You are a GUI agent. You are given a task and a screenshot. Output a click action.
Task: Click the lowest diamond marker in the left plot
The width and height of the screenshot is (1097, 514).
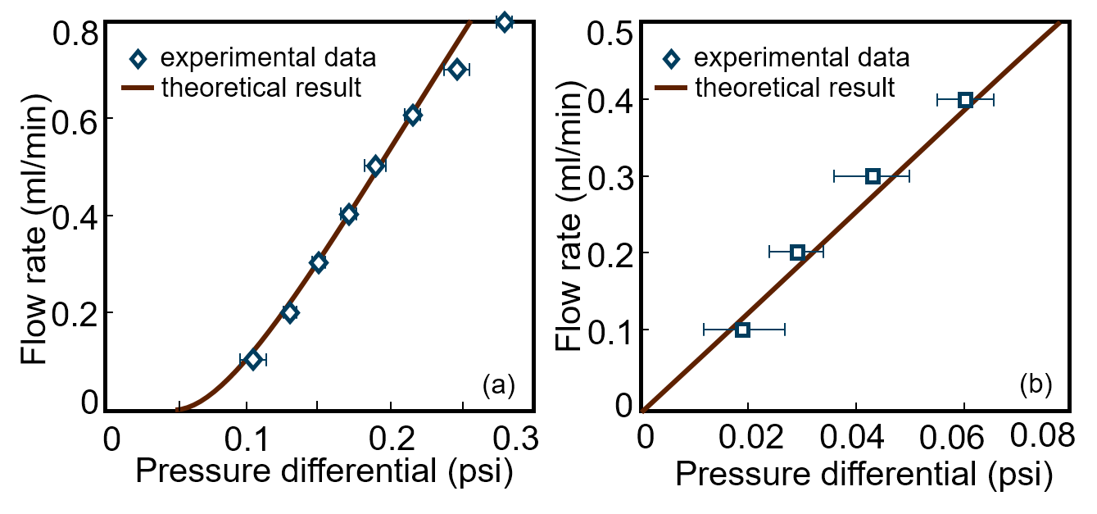(253, 359)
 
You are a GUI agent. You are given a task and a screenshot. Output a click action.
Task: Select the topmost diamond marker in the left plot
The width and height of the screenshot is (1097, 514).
(505, 22)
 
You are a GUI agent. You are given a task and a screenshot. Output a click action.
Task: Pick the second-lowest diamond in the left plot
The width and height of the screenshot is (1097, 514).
(290, 312)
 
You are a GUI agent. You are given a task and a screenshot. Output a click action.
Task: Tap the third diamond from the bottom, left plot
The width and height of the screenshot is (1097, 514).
(319, 262)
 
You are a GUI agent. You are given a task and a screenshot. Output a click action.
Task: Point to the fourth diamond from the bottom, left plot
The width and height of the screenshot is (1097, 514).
(349, 214)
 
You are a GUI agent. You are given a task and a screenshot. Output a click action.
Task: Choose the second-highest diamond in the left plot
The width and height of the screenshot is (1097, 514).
(457, 70)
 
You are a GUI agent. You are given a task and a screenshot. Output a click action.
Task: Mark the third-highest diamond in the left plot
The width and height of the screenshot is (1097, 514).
(413, 116)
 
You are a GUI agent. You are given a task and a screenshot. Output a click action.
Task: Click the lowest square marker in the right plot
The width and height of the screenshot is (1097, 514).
(742, 330)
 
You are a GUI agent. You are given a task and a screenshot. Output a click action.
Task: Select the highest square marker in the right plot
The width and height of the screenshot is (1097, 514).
(965, 100)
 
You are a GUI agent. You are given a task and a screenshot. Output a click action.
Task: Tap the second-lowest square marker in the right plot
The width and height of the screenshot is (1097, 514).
(797, 252)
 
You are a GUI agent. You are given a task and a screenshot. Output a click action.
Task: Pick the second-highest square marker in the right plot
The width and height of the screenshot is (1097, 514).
(873, 176)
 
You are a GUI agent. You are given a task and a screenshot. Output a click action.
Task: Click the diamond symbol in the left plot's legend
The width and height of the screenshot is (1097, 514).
(138, 59)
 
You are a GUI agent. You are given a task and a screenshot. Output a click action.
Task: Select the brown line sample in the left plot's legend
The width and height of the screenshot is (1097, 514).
(138, 88)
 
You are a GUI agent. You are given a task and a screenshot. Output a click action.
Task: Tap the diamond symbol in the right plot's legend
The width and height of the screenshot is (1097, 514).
(671, 59)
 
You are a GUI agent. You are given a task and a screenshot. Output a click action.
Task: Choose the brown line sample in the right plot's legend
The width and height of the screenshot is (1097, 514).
(671, 88)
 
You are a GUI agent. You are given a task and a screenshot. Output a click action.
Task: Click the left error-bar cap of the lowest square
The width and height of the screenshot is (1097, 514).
(704, 330)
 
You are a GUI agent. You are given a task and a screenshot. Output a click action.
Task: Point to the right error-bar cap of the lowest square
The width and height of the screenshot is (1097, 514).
(785, 330)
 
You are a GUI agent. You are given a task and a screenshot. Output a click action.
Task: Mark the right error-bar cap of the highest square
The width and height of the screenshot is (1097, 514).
(993, 100)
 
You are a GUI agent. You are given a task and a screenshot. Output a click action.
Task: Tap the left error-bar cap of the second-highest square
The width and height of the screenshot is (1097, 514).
(834, 176)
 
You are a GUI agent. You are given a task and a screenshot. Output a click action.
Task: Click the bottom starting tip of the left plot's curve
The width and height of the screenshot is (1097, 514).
(177, 409)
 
